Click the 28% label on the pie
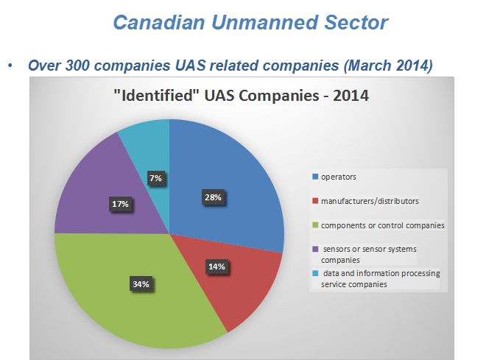(x=213, y=197)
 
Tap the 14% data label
(x=217, y=267)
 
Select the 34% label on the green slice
(x=141, y=284)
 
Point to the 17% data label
(x=120, y=204)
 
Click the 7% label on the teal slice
(x=155, y=178)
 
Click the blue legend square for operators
(x=315, y=177)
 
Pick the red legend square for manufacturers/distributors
(x=315, y=201)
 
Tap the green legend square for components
(x=315, y=225)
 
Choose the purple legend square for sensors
(x=315, y=249)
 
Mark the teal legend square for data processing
(x=315, y=273)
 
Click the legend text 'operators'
(x=338, y=177)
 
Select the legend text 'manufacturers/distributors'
(x=370, y=201)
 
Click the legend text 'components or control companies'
(x=383, y=225)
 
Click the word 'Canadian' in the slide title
(x=159, y=22)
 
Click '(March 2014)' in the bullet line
(x=388, y=66)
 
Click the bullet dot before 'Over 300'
(x=10, y=66)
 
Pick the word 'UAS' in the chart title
(x=219, y=96)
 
